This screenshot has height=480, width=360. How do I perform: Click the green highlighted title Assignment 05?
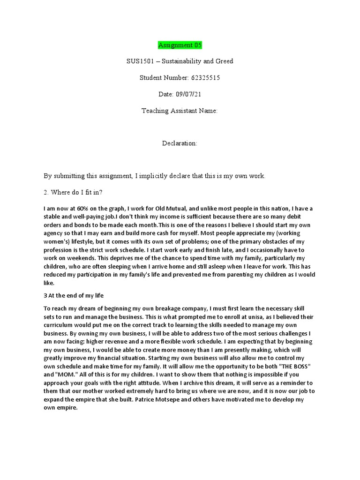click(x=180, y=45)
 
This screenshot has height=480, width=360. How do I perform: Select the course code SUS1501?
click(x=141, y=61)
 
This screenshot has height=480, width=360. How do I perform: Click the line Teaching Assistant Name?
click(x=180, y=111)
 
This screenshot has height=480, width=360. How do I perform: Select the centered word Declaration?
click(x=180, y=143)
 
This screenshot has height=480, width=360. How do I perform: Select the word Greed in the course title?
click(x=224, y=61)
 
